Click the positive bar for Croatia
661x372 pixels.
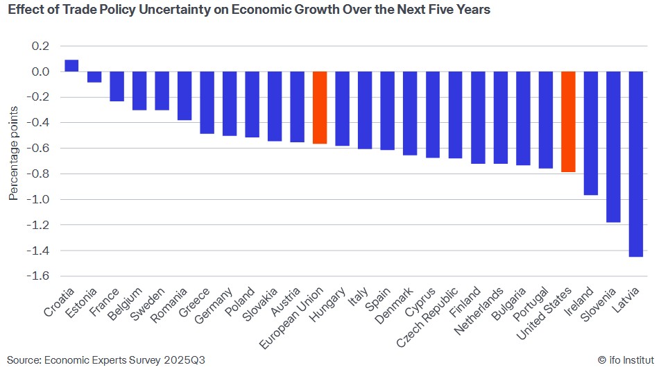(71, 65)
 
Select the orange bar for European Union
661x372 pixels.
(320, 108)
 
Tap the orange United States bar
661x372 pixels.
(568, 121)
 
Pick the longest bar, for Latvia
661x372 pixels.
(636, 164)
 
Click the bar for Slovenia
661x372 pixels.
(613, 146)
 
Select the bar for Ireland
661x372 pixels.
(590, 133)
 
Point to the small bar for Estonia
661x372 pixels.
(94, 77)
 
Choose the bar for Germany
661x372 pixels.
(230, 103)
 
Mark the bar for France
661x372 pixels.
(117, 86)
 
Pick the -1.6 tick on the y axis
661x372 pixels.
(39, 276)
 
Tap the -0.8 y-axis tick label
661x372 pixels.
(39, 174)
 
